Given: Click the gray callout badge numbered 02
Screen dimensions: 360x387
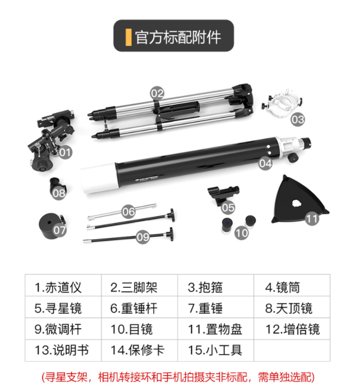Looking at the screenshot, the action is [x=157, y=93].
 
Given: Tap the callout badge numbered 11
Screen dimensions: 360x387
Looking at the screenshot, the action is [x=312, y=219].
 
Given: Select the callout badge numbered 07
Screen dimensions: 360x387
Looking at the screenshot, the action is [x=59, y=230].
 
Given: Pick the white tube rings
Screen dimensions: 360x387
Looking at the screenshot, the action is [x=282, y=103].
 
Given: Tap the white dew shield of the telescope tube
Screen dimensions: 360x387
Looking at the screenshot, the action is [x=99, y=178].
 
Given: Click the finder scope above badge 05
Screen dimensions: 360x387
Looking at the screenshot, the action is [x=223, y=193].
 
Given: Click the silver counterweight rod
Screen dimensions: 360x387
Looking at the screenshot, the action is [x=122, y=212].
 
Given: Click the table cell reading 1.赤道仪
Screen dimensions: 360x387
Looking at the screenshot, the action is [x=63, y=286].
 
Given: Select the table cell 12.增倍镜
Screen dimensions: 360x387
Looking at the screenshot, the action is [x=292, y=329].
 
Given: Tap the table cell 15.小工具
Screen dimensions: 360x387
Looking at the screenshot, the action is [x=216, y=350].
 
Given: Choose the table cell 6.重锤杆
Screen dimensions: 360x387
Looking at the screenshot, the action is [x=139, y=307].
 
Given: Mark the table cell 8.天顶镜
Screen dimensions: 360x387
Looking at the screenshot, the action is [x=292, y=307].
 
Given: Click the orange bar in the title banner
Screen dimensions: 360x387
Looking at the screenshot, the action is [x=128, y=37].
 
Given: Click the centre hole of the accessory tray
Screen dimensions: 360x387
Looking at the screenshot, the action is [x=296, y=203].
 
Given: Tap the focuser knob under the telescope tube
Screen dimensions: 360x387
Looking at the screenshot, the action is [x=293, y=158].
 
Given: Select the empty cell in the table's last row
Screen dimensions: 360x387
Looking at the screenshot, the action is [x=292, y=350].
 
